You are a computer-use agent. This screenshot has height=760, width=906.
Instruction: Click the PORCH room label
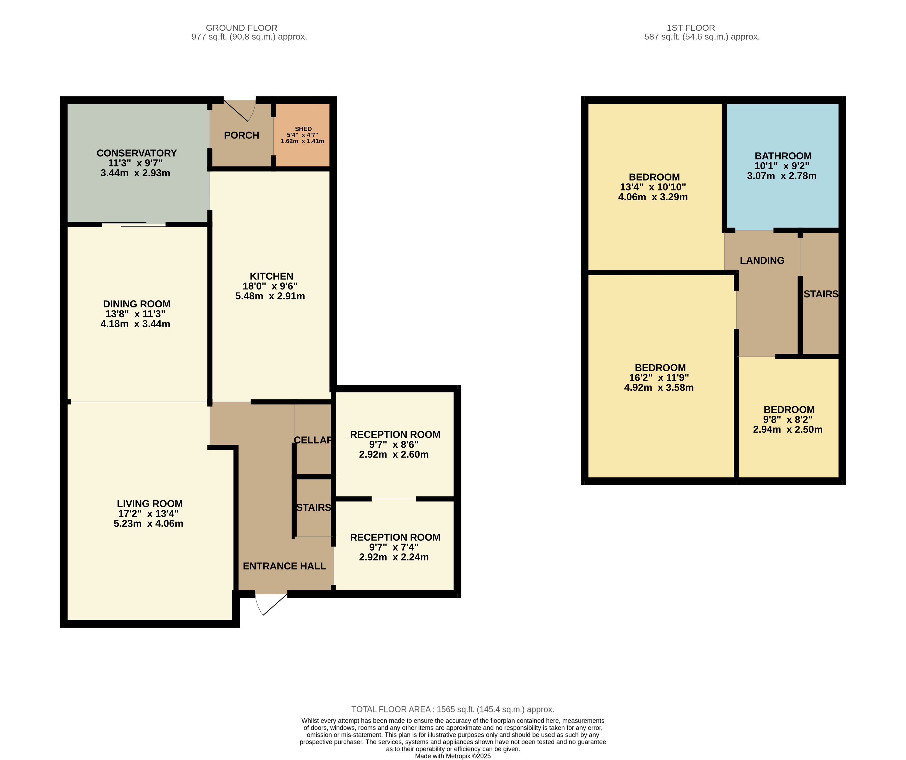pos(242,135)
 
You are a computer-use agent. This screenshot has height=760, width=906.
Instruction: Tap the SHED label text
pos(303,129)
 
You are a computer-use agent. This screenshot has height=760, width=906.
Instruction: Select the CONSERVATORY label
pos(136,153)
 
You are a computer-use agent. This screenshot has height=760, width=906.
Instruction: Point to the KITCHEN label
pos(271,276)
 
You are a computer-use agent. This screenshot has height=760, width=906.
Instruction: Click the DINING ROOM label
pos(136,303)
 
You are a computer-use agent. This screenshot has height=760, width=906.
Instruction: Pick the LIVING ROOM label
pos(150,504)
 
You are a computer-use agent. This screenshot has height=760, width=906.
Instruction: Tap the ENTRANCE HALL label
pos(284,566)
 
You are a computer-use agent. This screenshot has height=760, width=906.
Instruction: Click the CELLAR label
pos(313,440)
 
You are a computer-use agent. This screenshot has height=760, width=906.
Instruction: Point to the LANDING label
pos(762,260)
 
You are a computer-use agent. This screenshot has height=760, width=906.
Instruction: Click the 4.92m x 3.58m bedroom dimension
pos(659,387)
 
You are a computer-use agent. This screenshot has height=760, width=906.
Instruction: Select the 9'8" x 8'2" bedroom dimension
pos(788,419)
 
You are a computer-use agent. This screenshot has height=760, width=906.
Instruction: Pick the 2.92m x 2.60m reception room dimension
pos(394,454)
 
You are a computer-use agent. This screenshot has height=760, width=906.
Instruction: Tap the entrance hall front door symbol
pos(271,604)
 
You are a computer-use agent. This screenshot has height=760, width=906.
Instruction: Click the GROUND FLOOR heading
pos(242,28)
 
